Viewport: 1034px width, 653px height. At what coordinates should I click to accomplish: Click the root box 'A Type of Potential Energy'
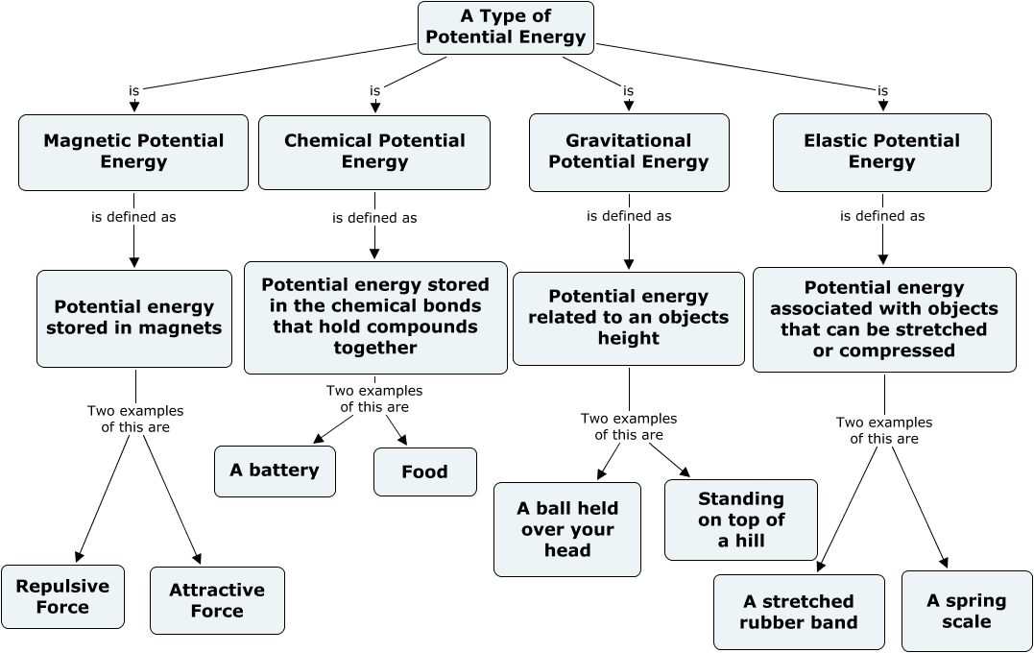click(x=506, y=28)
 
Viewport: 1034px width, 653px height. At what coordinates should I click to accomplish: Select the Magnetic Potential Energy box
click(x=133, y=152)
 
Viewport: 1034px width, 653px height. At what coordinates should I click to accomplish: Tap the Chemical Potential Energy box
click(x=374, y=152)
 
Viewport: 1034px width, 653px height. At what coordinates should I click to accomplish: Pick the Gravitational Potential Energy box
click(x=629, y=152)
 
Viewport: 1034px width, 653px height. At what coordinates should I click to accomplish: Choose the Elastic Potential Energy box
click(x=881, y=152)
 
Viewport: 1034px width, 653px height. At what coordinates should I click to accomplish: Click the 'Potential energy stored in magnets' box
click(x=134, y=318)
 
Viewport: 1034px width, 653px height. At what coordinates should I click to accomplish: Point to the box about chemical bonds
click(x=375, y=317)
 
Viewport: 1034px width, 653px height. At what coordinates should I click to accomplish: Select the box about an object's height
click(x=629, y=318)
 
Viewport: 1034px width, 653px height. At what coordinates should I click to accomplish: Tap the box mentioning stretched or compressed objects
click(x=884, y=319)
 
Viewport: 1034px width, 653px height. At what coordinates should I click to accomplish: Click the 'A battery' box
click(x=275, y=471)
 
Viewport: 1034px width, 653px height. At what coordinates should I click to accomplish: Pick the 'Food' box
click(x=424, y=472)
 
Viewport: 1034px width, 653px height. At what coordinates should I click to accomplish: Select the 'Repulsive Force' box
click(x=62, y=596)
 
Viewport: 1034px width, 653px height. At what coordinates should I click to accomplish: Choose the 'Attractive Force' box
click(x=217, y=600)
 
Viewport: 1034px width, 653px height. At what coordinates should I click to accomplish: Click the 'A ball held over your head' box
click(x=567, y=529)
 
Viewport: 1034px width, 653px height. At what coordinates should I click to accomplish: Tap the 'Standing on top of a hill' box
click(x=741, y=520)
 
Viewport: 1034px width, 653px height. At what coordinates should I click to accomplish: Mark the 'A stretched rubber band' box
click(x=799, y=612)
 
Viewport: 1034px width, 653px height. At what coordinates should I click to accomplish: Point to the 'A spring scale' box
click(x=966, y=611)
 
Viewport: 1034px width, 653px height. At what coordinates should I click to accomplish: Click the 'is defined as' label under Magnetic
click(x=133, y=217)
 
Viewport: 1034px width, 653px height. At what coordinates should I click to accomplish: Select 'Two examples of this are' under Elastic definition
click(x=884, y=430)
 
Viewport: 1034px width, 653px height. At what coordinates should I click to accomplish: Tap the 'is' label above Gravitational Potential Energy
click(x=628, y=91)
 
